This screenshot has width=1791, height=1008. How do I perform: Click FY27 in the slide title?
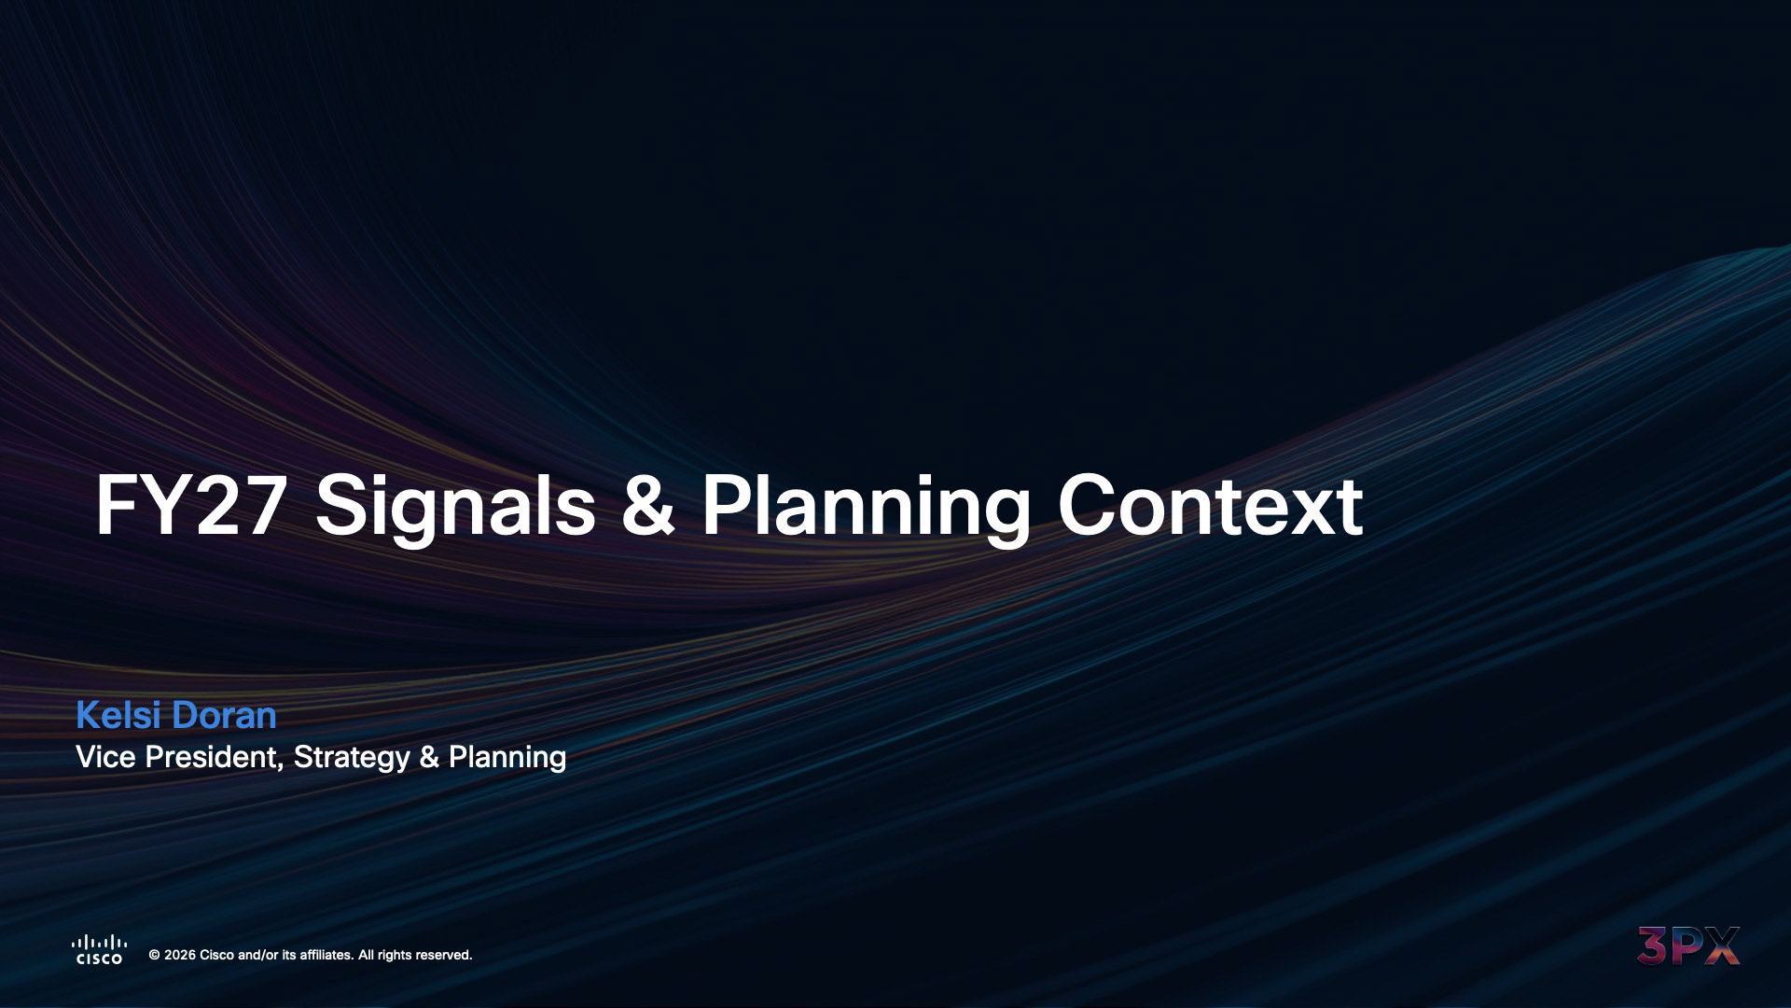click(x=190, y=506)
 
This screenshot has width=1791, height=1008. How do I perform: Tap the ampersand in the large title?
click(x=647, y=506)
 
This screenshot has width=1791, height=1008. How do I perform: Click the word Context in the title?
click(x=1210, y=506)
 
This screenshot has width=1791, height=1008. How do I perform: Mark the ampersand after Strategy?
click(x=429, y=757)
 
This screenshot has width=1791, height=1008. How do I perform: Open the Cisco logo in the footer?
click(x=99, y=949)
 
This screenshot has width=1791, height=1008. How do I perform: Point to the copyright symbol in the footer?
click(x=155, y=955)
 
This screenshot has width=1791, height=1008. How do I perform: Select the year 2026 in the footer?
click(x=180, y=955)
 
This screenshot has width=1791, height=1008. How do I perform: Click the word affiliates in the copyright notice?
click(x=326, y=955)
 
